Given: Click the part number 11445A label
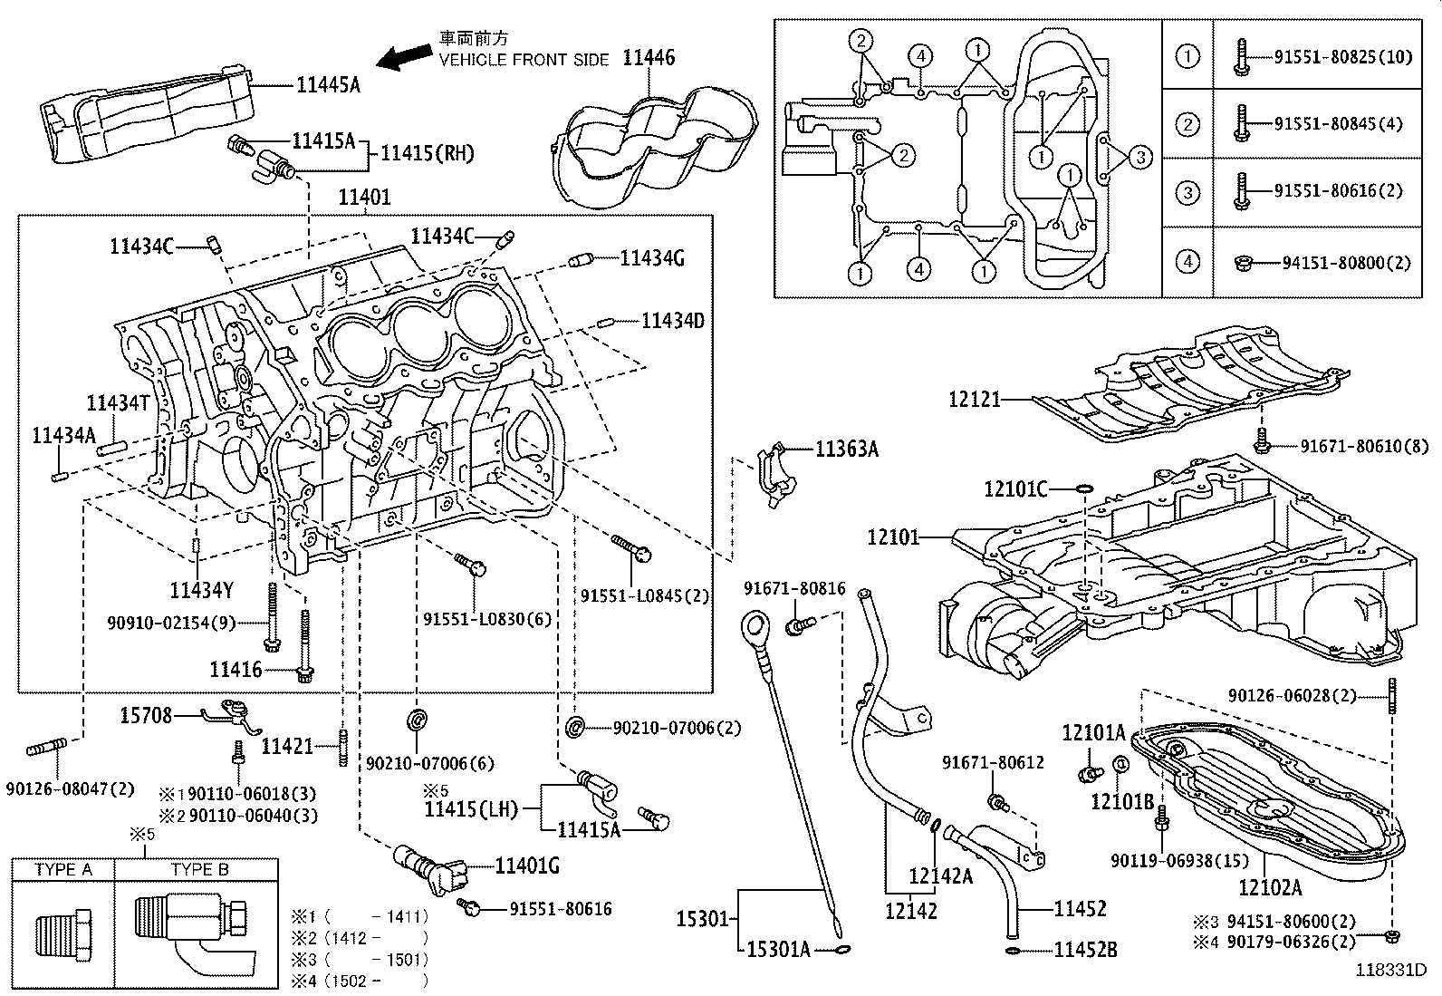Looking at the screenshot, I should click(x=328, y=85).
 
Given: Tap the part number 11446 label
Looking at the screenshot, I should click(x=649, y=58).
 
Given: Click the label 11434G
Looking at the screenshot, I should click(x=652, y=259).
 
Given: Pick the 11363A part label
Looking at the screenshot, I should click(x=846, y=449).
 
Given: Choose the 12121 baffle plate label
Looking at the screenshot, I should click(x=975, y=399).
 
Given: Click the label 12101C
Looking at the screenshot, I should click(x=1015, y=490).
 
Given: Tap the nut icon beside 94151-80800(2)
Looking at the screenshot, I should click(x=1243, y=263).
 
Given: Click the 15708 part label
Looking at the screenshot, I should click(x=146, y=716).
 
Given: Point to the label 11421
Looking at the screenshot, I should click(x=287, y=747).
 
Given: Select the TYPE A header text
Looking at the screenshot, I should click(x=63, y=869).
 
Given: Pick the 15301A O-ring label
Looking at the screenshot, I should click(x=777, y=949).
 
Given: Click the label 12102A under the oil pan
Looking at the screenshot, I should click(x=1270, y=888).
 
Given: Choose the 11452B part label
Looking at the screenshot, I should click(x=1085, y=950).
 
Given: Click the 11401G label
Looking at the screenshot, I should click(x=526, y=866).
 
